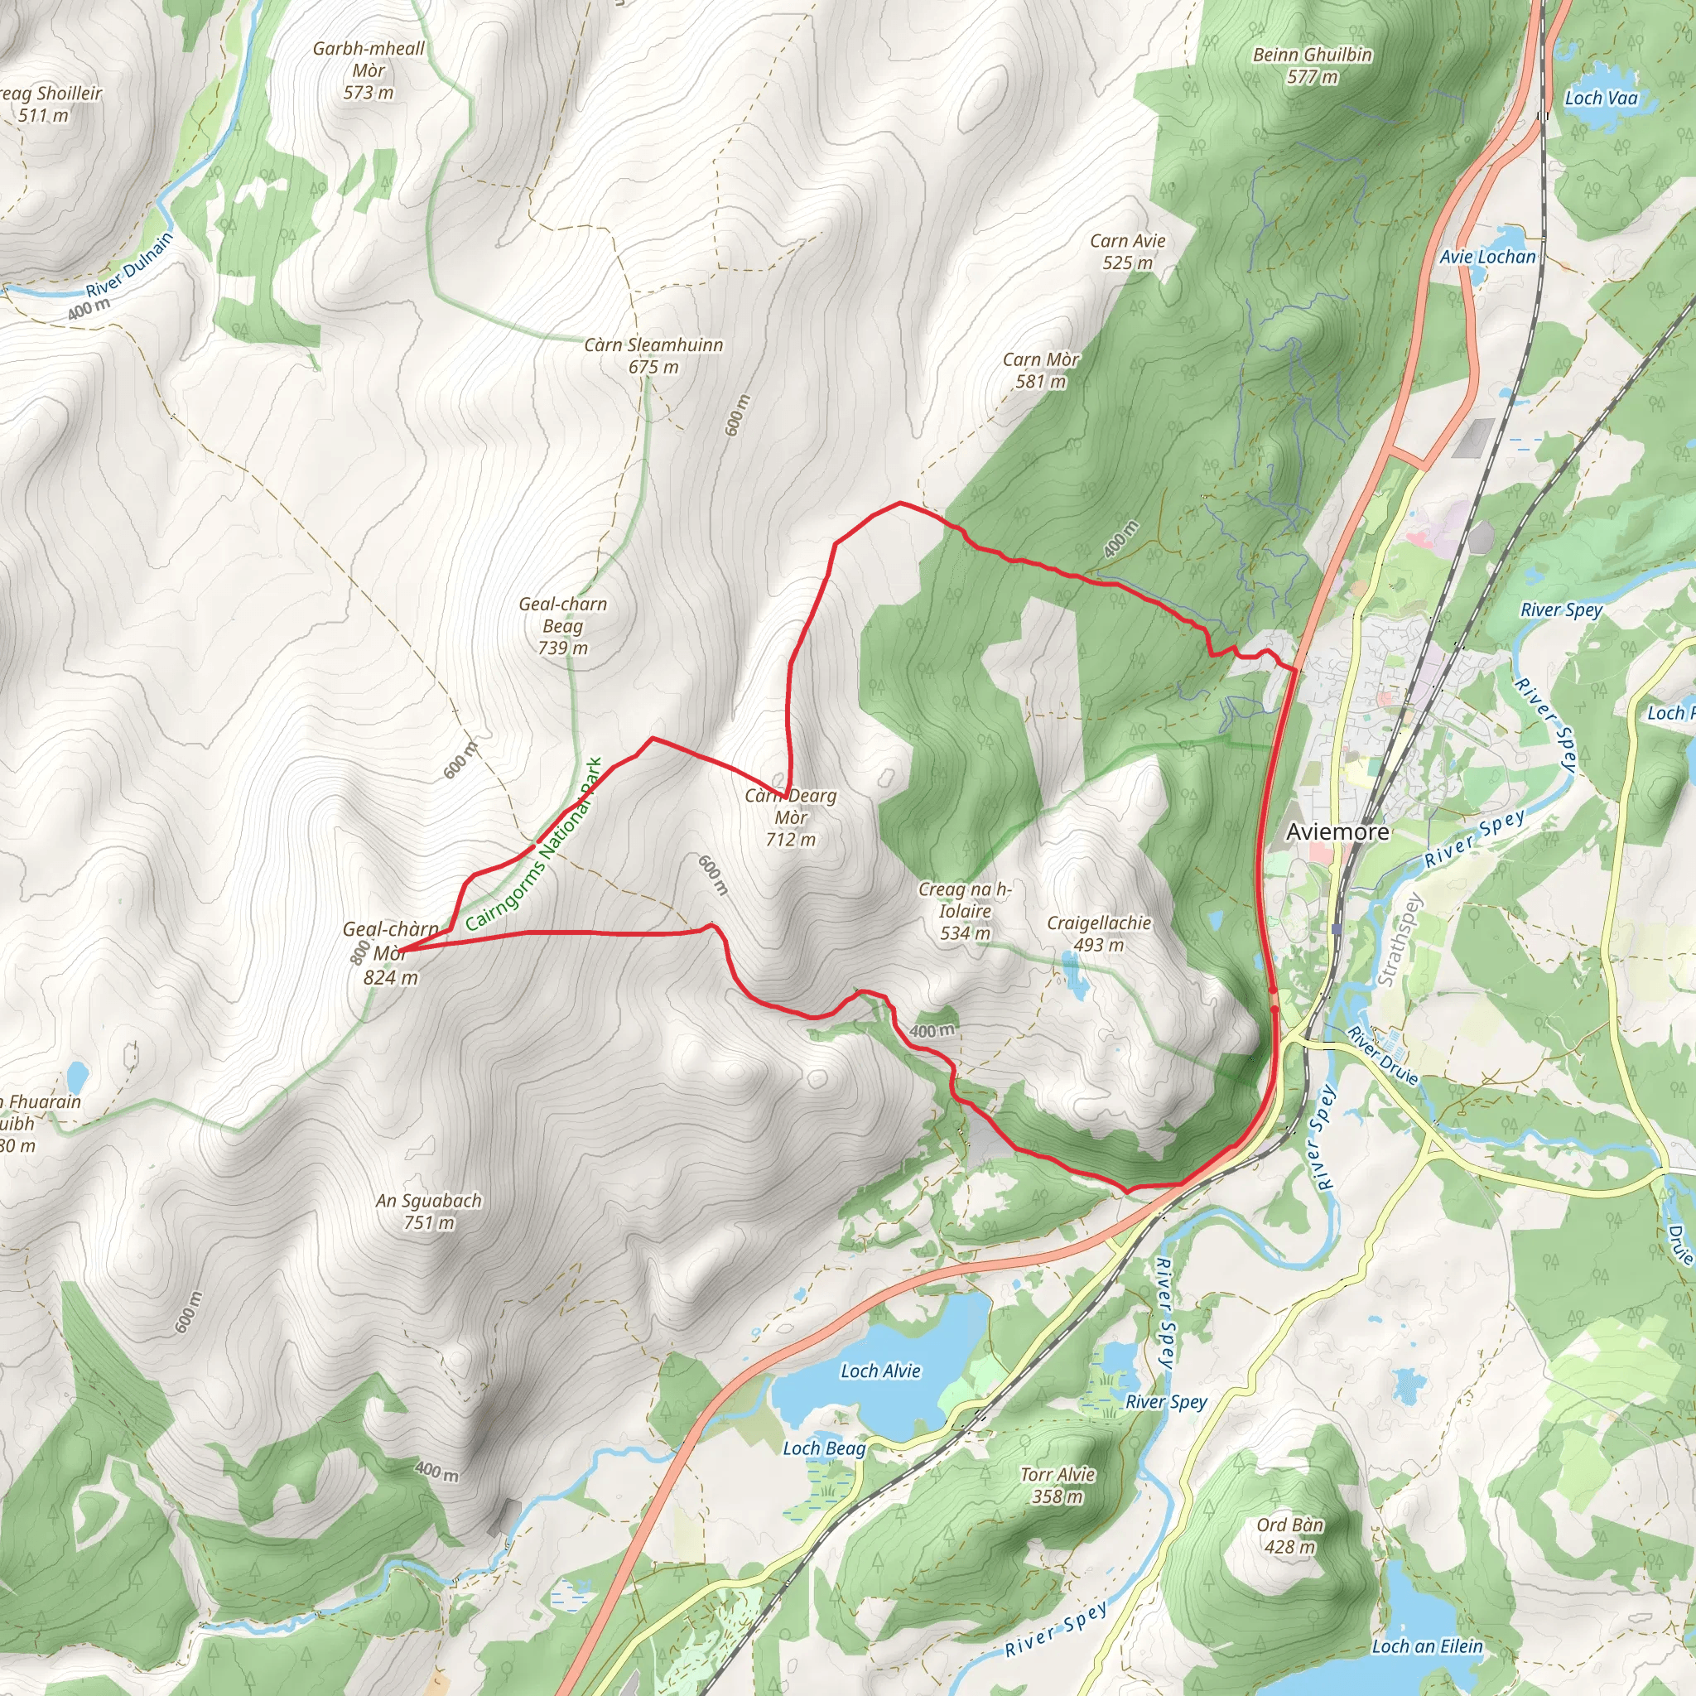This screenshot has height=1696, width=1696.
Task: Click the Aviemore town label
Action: coord(1337,832)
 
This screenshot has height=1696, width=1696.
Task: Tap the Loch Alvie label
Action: coord(880,1371)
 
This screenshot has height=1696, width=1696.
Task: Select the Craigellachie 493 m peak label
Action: coord(1098,934)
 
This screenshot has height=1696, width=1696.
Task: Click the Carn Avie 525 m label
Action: coord(1127,252)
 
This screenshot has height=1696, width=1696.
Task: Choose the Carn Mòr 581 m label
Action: coord(1040,370)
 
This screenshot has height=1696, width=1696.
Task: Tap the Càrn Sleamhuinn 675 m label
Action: coord(654,355)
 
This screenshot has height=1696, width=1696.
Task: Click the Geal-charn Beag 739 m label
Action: coord(562,626)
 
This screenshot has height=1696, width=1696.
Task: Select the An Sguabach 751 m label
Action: coord(428,1212)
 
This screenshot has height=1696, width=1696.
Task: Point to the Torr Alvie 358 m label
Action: coord(1057,1486)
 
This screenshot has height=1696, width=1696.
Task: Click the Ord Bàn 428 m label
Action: coord(1289,1535)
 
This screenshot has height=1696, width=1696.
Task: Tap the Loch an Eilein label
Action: coord(1427,1647)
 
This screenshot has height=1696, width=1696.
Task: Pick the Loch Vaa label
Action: coord(1602,99)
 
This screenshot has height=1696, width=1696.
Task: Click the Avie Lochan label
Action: coord(1487,258)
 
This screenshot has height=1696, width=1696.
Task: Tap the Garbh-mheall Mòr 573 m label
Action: coord(369,70)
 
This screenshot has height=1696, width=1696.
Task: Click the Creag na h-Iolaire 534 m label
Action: coord(965,911)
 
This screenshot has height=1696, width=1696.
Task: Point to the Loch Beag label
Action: coord(823,1448)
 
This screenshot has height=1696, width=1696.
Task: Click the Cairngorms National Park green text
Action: coord(534,845)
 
